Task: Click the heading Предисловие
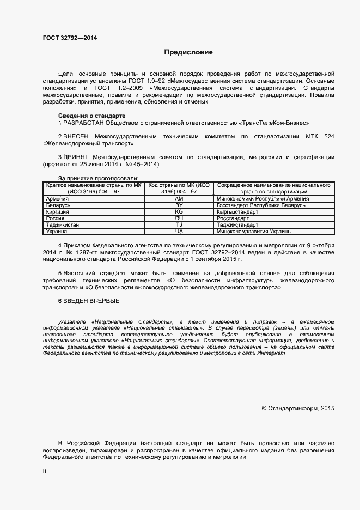188,52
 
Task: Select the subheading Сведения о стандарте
92,116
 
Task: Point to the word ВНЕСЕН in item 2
76,135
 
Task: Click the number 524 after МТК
329,135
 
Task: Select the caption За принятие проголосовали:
98,178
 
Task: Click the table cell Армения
58,199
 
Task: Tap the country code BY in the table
179,205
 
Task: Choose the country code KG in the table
179,212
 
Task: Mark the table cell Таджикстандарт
237,225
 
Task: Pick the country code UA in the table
179,232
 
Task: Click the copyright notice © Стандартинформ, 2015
298,408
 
